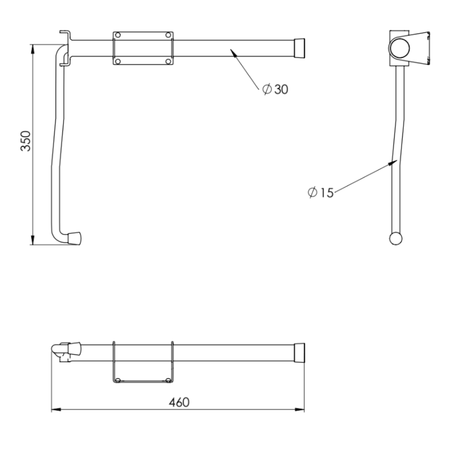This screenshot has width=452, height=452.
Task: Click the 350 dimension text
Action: click(x=26, y=141)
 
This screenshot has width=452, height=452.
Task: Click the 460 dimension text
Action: click(x=179, y=402)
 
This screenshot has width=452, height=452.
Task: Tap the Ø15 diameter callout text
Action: click(x=321, y=192)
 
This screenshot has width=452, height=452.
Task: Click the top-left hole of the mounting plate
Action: click(x=118, y=35)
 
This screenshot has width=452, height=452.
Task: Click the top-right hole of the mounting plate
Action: click(x=168, y=35)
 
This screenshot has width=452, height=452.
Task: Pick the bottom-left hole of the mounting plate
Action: click(x=118, y=61)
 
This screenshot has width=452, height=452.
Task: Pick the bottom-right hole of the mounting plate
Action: click(x=168, y=61)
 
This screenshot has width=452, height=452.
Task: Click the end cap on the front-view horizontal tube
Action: click(x=299, y=48)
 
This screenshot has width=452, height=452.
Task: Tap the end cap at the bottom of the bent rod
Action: click(x=75, y=238)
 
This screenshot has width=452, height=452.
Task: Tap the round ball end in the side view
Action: click(x=396, y=238)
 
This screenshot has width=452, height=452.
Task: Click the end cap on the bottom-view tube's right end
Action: click(x=299, y=353)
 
